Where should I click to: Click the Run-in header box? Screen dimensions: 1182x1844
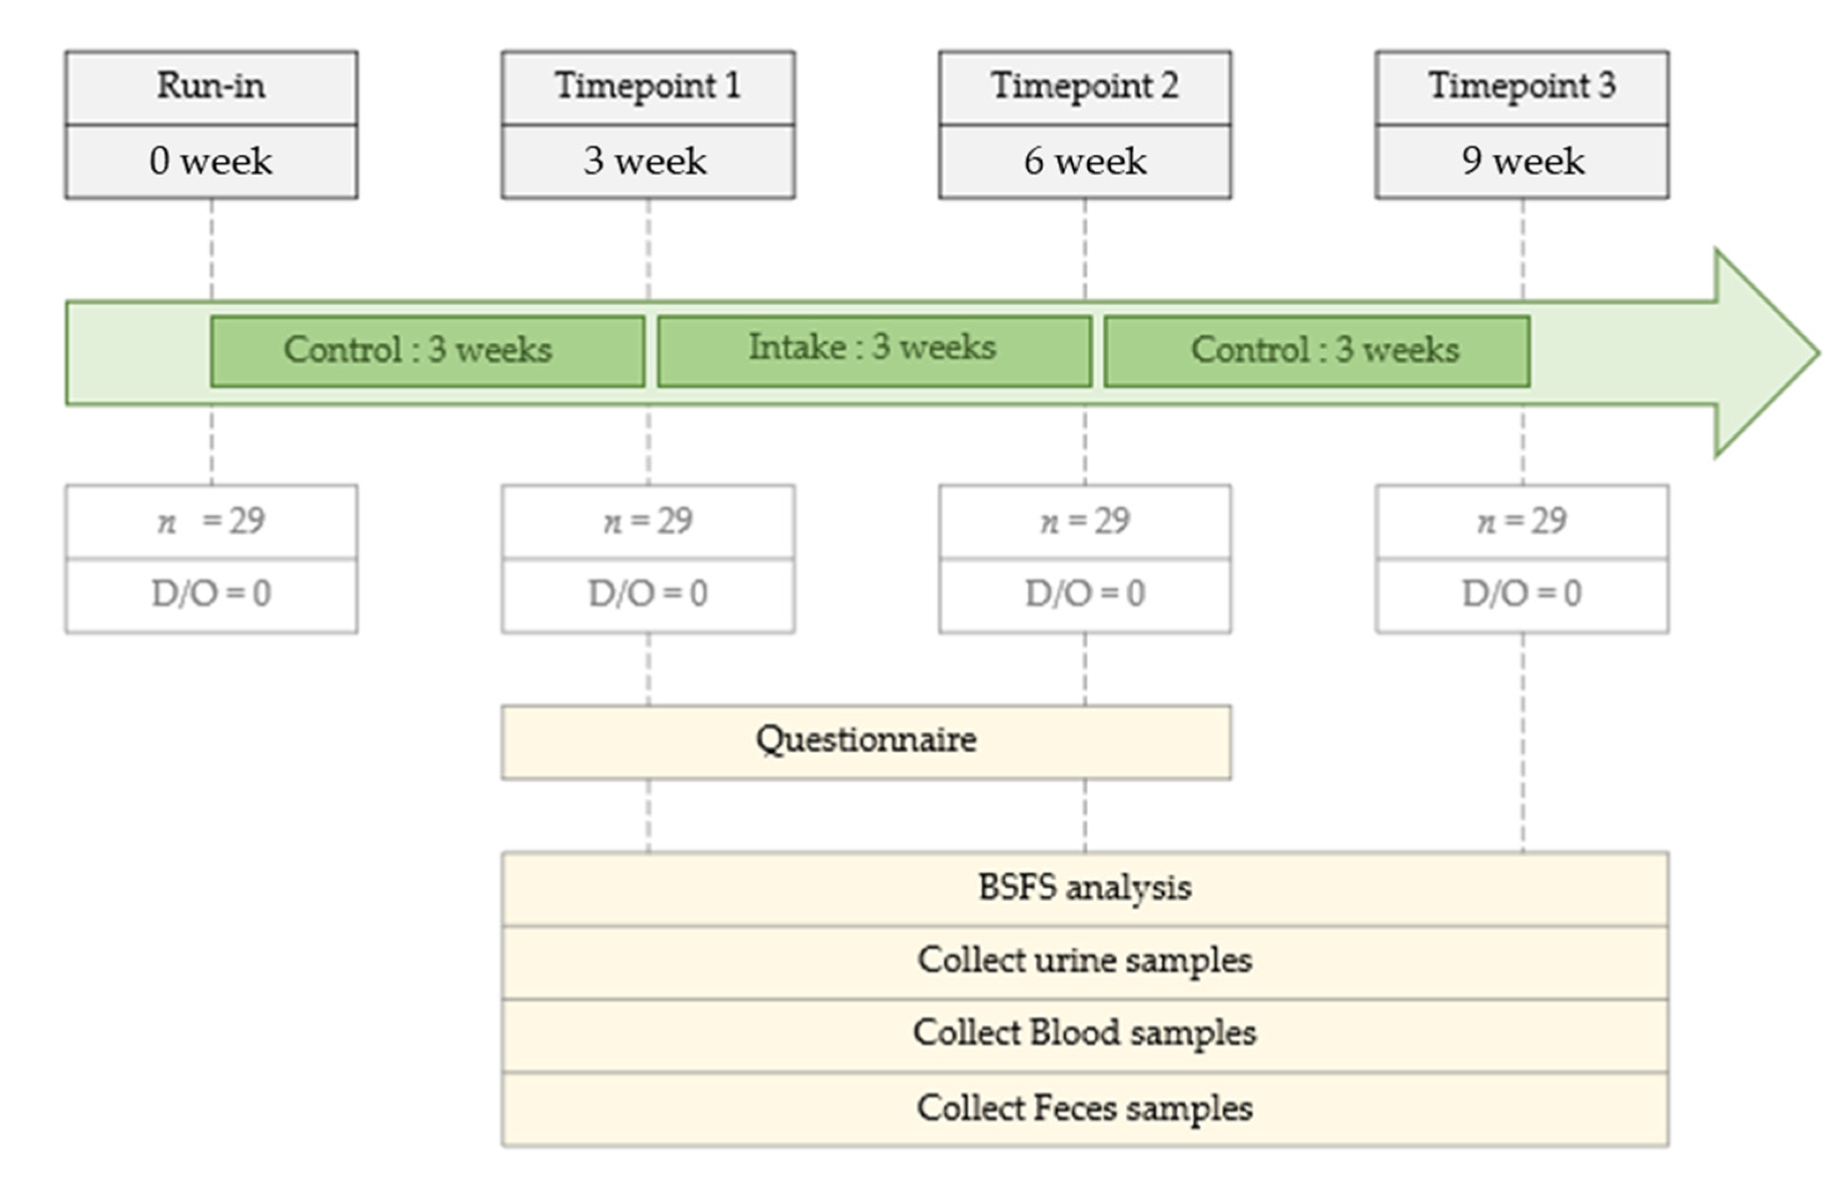coord(211,86)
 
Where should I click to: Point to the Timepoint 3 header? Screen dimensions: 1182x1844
coord(1522,86)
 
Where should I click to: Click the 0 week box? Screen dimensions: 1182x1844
coord(211,161)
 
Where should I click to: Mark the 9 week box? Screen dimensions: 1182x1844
coord(1522,161)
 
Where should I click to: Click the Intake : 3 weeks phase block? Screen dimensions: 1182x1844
coord(874,351)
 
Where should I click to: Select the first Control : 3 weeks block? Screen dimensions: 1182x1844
coord(427,351)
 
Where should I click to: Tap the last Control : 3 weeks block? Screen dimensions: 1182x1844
coord(1317,351)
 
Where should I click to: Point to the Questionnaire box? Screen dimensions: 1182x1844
coord(867,741)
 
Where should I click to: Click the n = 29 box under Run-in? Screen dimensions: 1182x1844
coord(211,522)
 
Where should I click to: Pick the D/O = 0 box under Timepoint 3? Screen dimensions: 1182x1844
coord(1522,595)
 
